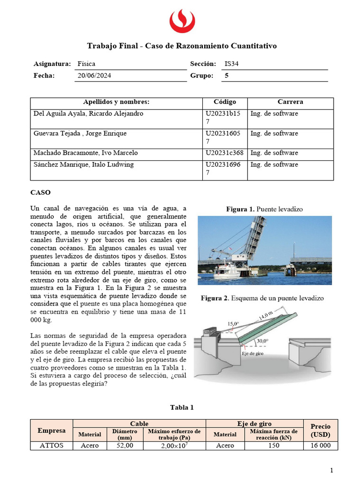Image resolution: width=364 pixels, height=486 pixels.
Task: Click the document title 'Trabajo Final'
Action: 182,46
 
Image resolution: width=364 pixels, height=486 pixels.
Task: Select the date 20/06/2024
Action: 94,75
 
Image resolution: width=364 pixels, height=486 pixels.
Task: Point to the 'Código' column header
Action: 225,102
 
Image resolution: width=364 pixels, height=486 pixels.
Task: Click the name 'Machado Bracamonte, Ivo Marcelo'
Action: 86,153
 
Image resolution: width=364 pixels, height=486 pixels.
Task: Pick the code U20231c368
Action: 225,153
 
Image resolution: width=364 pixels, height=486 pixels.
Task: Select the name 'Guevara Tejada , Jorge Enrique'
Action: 80,133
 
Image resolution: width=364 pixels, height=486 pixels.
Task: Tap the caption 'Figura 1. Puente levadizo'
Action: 264,209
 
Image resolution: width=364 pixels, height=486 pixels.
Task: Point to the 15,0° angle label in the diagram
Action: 233,324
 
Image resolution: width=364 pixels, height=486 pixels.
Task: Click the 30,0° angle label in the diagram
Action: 262,341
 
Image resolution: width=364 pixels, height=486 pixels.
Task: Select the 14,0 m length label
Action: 266,315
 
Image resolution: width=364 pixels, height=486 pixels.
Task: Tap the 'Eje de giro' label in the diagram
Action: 252,354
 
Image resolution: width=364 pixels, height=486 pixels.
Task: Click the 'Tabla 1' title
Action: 182,407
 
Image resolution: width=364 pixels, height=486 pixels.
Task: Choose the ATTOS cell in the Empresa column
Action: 52,446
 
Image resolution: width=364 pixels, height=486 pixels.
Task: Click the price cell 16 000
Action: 320,446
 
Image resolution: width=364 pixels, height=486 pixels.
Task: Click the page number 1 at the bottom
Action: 332,470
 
